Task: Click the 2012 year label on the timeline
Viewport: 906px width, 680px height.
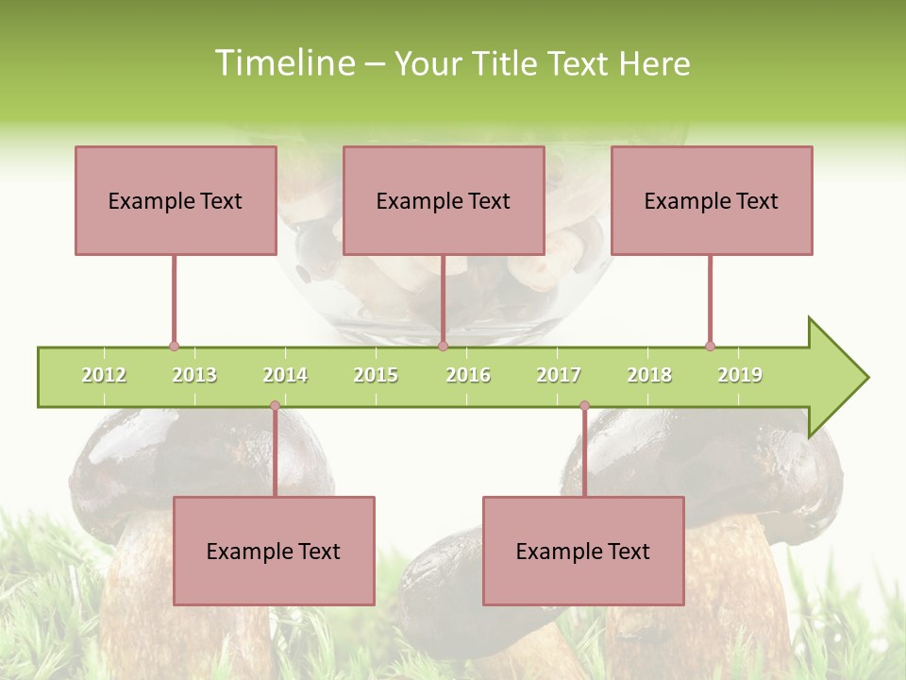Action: (x=104, y=375)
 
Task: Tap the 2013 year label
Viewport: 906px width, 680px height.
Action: (x=194, y=375)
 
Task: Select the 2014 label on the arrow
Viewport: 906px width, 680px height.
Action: (x=285, y=375)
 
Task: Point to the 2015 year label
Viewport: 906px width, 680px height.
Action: (x=376, y=375)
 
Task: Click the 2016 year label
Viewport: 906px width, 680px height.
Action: (x=468, y=375)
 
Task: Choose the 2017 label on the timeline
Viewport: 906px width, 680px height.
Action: (x=559, y=375)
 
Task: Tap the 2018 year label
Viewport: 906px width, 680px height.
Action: (x=649, y=375)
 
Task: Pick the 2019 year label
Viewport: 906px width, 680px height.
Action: (x=740, y=375)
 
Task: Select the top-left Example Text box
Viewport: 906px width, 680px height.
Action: (x=176, y=200)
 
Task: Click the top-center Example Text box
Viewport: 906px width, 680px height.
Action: (x=444, y=200)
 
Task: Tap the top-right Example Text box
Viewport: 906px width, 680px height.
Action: (x=712, y=200)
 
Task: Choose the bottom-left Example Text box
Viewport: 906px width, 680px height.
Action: (x=274, y=551)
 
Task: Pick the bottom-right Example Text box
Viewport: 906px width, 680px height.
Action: (x=583, y=551)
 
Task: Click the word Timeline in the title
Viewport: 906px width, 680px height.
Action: (x=283, y=63)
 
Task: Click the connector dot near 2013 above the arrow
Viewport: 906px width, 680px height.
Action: (x=174, y=346)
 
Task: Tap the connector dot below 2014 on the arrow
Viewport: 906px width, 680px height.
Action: (x=275, y=406)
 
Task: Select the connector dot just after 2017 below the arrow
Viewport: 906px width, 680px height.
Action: (x=584, y=406)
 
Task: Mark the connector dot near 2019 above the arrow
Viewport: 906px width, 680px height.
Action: (x=710, y=346)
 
